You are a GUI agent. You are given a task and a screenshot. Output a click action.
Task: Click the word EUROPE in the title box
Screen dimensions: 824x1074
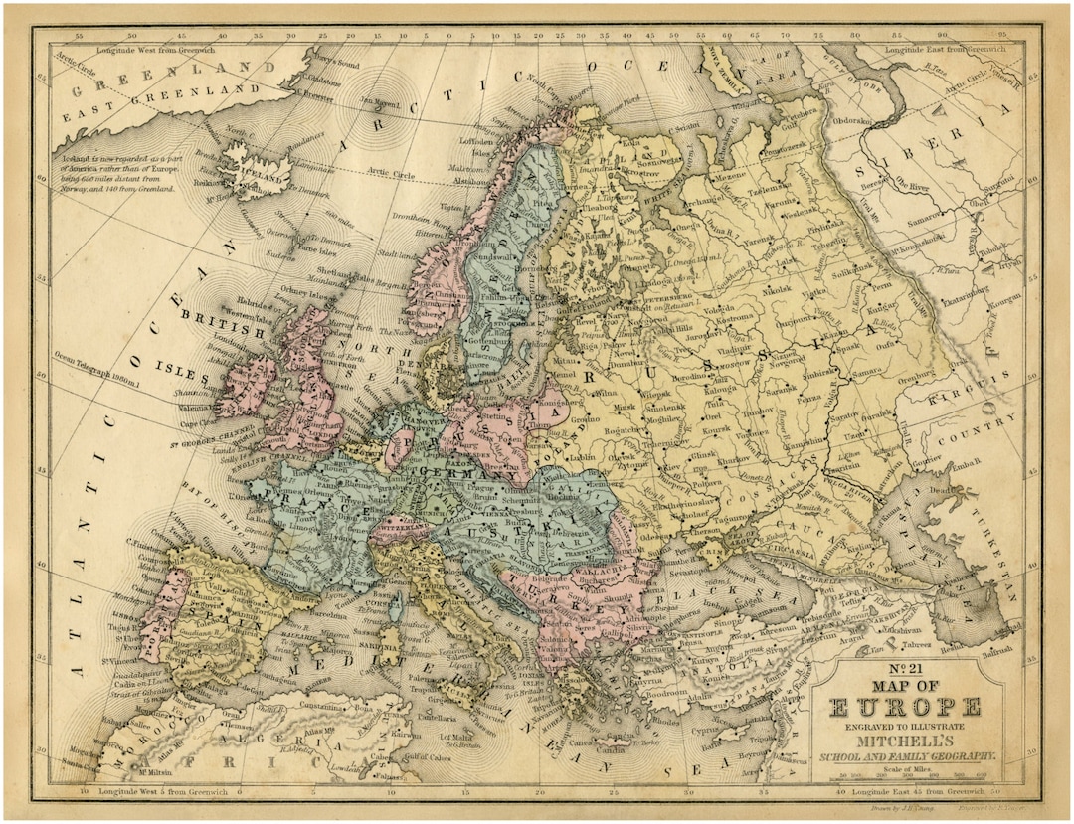pos(903,707)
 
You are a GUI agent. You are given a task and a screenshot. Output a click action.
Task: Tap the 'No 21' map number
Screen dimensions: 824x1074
pos(903,669)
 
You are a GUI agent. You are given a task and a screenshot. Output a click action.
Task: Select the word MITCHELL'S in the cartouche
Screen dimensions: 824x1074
pos(903,742)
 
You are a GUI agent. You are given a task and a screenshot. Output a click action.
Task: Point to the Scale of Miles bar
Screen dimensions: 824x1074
pos(903,778)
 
